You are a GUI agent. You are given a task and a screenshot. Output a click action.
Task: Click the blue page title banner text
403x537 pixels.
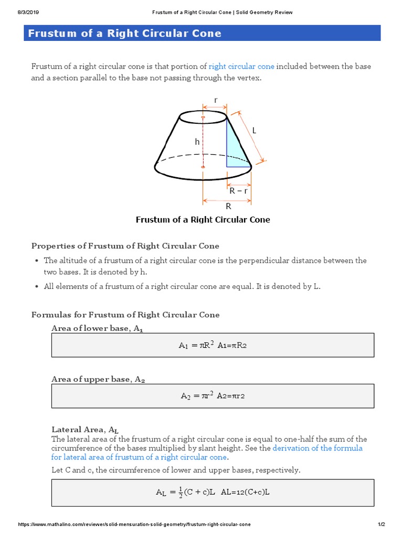point(124,34)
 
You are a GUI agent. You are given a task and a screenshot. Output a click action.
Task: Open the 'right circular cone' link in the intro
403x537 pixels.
point(241,66)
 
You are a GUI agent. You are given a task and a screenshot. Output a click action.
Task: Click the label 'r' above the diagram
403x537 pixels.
point(215,100)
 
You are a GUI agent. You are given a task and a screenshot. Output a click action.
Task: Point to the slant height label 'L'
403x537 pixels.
point(254,131)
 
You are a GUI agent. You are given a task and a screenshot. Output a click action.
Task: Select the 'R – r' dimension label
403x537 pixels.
point(238,191)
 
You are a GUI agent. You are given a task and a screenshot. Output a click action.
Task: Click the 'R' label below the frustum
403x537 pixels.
point(228,207)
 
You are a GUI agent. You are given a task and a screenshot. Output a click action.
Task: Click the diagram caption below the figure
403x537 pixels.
point(203,220)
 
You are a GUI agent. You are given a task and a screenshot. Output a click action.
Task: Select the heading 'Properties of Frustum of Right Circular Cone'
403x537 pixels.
point(125,246)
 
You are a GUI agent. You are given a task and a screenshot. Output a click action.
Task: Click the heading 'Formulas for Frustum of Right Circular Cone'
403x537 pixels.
point(125,315)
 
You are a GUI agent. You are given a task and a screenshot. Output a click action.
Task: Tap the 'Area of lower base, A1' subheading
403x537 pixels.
point(97,329)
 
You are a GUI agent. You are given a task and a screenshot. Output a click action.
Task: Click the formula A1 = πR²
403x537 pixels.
point(212,345)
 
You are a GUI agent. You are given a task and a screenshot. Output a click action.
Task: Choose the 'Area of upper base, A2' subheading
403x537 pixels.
point(98,379)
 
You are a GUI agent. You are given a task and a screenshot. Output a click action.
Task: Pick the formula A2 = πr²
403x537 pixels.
point(212,396)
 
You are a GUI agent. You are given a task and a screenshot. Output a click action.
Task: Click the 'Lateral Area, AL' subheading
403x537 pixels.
point(89,429)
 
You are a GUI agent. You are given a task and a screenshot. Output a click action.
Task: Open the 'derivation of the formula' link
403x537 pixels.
point(317,448)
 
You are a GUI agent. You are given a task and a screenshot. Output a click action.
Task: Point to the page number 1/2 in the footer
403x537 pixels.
point(381,525)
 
